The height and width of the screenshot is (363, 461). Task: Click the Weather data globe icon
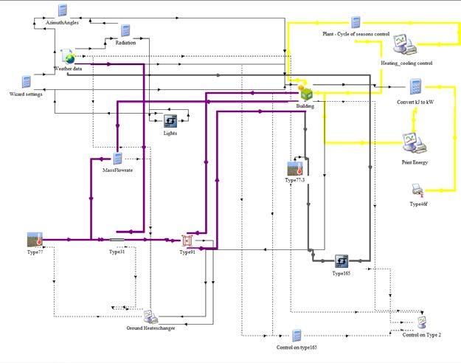68,57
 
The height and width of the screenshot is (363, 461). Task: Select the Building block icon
305,92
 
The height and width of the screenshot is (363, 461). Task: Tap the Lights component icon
170,121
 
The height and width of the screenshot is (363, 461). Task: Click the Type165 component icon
342,261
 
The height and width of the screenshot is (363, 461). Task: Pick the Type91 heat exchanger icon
187,241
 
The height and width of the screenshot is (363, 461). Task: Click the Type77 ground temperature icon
35,240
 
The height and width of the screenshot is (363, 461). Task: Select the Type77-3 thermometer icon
295,168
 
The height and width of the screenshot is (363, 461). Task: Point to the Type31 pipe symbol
117,240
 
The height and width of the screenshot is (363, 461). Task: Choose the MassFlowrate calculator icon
117,159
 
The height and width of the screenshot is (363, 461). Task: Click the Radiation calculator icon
125,31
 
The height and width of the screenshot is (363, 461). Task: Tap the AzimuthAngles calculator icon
63,10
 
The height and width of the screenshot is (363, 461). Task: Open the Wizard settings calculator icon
26,82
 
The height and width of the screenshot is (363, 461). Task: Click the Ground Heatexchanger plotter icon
150,317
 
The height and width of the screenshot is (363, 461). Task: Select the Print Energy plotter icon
415,143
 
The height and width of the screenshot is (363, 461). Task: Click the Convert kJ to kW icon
415,87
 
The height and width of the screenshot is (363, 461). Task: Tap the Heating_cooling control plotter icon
405,45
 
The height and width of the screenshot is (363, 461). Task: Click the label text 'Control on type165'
297,348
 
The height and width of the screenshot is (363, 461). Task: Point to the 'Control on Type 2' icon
422,322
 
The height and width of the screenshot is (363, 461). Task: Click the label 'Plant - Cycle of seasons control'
356,34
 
